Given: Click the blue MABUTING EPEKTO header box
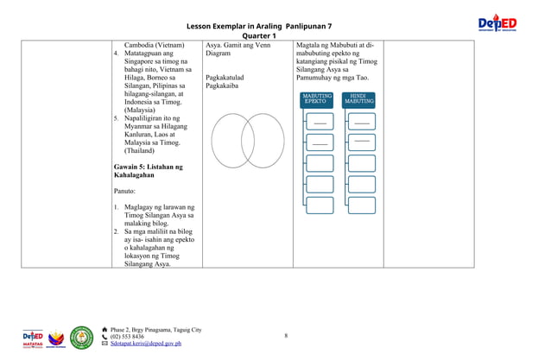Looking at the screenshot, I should pyautogui.click(x=316, y=99).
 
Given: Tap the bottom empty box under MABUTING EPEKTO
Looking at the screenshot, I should pyautogui.click(x=320, y=205).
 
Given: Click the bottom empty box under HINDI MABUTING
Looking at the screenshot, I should pyautogui.click(x=362, y=205).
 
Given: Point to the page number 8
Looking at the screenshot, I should pyautogui.click(x=285, y=335).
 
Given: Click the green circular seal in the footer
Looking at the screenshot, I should pyautogui.click(x=81, y=336).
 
